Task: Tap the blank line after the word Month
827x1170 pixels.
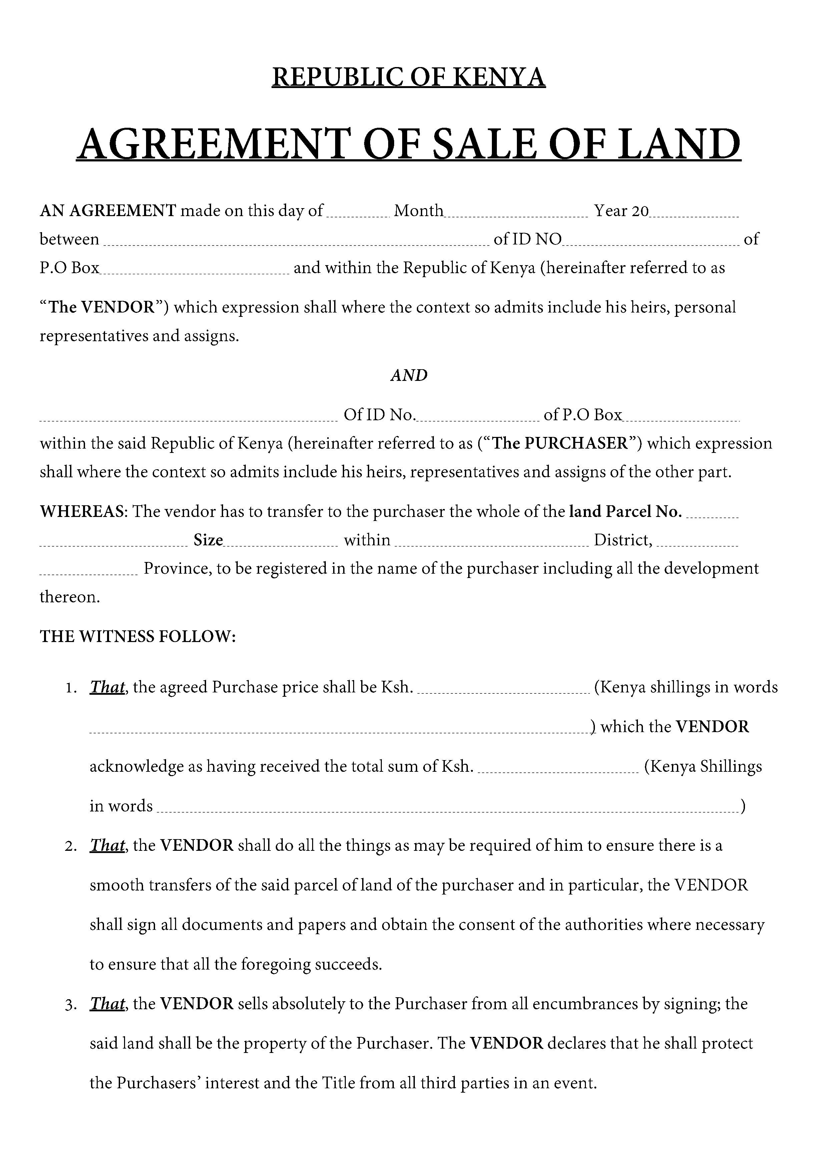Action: click(516, 213)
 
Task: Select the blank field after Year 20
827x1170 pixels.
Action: click(694, 213)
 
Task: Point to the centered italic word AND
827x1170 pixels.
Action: click(408, 376)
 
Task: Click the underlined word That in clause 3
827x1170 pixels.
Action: click(107, 1004)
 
